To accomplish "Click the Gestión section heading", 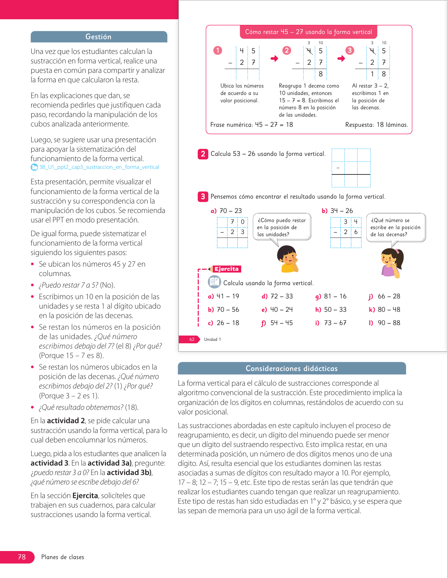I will [99, 37].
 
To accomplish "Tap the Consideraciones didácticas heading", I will [291, 369].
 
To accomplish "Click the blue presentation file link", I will [99, 167].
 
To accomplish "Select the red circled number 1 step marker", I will [218, 50].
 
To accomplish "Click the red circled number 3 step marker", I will [350, 50].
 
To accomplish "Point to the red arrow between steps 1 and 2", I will [275, 59].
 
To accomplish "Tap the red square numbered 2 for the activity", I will [203, 154].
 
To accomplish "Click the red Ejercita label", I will [226, 269].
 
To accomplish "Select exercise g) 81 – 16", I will [331, 296].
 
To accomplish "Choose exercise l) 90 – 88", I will [385, 323].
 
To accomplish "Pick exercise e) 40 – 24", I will [277, 310].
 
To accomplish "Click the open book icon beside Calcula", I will [214, 282].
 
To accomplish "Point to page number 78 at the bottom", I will [22, 557].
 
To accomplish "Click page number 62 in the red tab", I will [192, 339].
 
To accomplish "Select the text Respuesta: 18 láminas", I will [377, 125].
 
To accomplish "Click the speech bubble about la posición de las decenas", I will [396, 227].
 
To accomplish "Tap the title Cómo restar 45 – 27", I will [308, 32].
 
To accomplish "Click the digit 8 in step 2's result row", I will [320, 74].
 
